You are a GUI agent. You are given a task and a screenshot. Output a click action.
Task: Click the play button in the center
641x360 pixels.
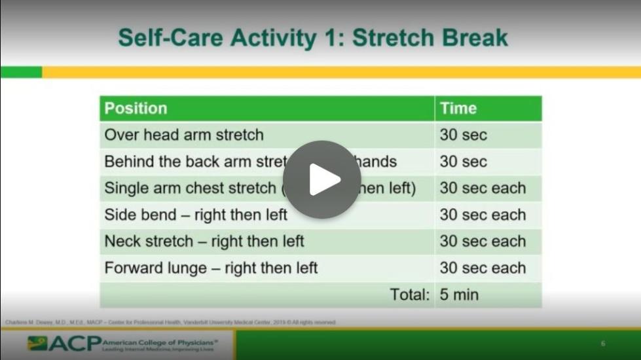click(321, 179)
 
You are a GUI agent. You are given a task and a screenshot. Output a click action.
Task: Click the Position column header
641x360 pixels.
click(136, 109)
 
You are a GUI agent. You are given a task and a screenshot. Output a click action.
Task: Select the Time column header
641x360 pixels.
click(458, 109)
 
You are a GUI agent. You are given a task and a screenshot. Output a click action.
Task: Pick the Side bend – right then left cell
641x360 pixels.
click(196, 215)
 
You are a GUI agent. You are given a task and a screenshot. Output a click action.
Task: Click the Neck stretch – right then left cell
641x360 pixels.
click(204, 242)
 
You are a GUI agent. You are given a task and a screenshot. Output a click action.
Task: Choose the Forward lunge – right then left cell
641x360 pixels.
click(211, 268)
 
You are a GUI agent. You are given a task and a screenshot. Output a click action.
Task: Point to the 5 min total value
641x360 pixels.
click(459, 295)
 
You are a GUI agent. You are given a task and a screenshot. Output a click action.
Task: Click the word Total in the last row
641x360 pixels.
click(410, 295)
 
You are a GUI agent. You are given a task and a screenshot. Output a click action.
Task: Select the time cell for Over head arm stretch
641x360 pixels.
click(463, 135)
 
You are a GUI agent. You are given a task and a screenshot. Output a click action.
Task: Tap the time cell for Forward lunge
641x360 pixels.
click(483, 268)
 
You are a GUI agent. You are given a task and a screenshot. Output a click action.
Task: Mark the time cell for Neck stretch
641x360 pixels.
click(483, 242)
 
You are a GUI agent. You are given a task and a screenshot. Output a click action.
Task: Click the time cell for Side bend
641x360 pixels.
click(483, 215)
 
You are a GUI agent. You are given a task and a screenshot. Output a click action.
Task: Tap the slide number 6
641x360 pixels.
click(603, 344)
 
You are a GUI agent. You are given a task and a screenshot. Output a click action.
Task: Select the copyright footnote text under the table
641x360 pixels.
click(170, 322)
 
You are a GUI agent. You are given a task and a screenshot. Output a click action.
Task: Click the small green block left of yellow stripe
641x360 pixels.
click(21, 72)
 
